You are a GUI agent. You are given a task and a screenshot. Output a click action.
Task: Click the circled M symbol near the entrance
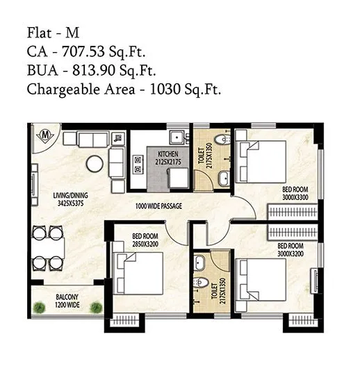coord(44,133)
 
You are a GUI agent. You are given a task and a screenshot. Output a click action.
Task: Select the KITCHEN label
coord(168,154)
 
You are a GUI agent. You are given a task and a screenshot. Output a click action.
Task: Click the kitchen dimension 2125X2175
coord(168,161)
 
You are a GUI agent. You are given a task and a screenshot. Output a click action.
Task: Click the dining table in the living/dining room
coord(48,244)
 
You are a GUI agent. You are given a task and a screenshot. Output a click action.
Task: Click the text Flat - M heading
coord(53,32)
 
